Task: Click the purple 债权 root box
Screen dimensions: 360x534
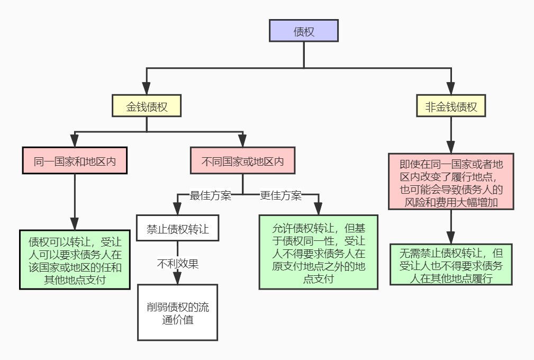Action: click(303, 31)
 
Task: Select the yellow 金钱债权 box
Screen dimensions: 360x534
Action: click(147, 106)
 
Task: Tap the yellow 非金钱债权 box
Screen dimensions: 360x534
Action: click(451, 106)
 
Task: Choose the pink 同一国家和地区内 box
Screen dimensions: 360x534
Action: click(75, 161)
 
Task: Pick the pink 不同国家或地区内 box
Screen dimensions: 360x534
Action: click(242, 161)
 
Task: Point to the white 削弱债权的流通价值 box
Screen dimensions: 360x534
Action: click(177, 312)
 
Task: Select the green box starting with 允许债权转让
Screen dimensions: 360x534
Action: click(318, 252)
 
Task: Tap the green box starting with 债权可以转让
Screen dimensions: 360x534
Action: click(75, 259)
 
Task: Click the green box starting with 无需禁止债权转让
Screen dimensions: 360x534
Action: click(451, 264)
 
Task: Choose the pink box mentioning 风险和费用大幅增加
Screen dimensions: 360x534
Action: click(451, 182)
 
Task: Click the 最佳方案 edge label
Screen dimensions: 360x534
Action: click(211, 195)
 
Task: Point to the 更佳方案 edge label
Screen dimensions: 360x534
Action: click(280, 195)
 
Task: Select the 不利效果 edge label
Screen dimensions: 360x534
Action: click(177, 263)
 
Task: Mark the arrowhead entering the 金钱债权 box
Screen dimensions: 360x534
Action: click(147, 89)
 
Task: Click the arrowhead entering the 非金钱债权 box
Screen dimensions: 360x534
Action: click(451, 89)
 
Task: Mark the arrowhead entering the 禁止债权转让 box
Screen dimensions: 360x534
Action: click(177, 208)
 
